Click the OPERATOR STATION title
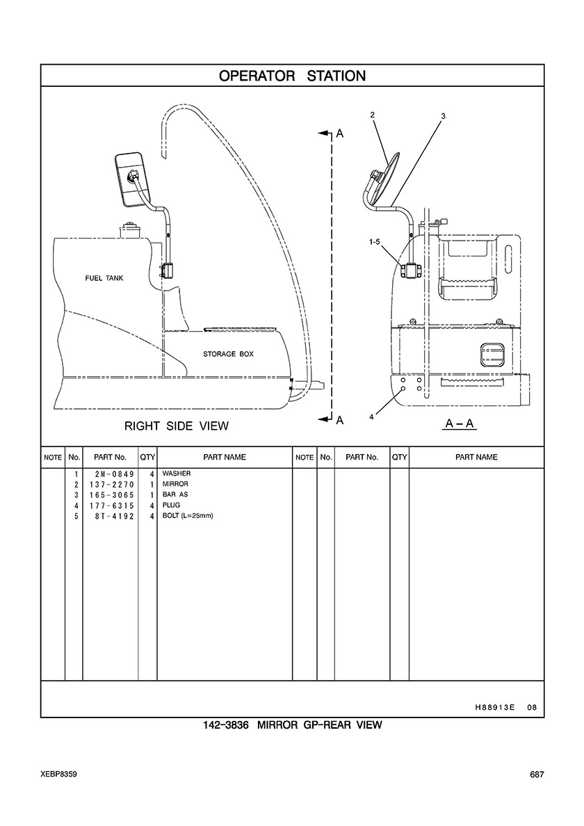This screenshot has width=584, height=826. click(x=292, y=76)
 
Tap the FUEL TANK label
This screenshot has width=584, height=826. click(x=104, y=278)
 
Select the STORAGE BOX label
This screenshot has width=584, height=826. click(x=228, y=354)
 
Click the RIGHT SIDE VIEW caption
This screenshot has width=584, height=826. click(x=177, y=426)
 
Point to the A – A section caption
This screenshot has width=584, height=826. click(x=460, y=423)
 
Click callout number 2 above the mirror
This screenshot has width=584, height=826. click(x=373, y=114)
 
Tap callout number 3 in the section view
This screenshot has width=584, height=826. click(x=444, y=116)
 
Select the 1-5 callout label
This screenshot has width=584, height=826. click(x=375, y=242)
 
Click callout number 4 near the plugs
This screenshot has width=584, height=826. click(x=371, y=416)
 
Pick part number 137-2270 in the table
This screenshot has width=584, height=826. click(x=111, y=484)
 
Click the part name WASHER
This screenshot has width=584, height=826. click(x=177, y=473)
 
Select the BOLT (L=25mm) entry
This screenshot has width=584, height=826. click(x=188, y=516)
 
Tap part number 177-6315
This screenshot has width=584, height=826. click(x=111, y=505)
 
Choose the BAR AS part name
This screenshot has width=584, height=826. click(x=175, y=494)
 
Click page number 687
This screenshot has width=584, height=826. click(x=537, y=775)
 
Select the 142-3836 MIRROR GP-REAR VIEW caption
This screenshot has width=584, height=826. click(x=292, y=725)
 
